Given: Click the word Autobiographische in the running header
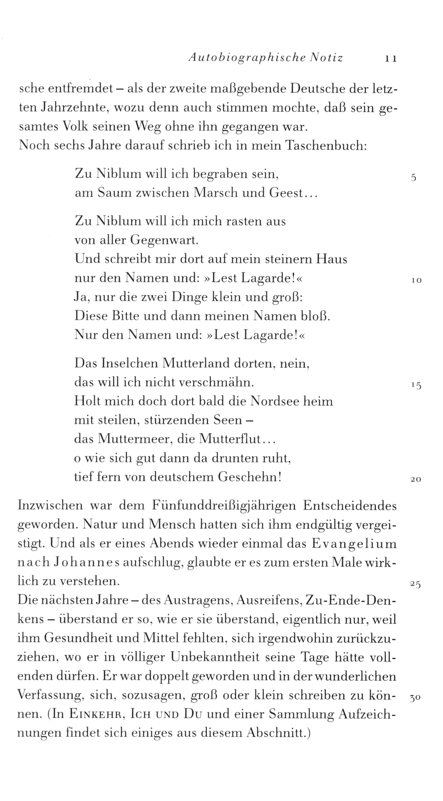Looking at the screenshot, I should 246,58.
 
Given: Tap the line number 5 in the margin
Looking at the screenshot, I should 413,178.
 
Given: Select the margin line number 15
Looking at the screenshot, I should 416,385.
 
